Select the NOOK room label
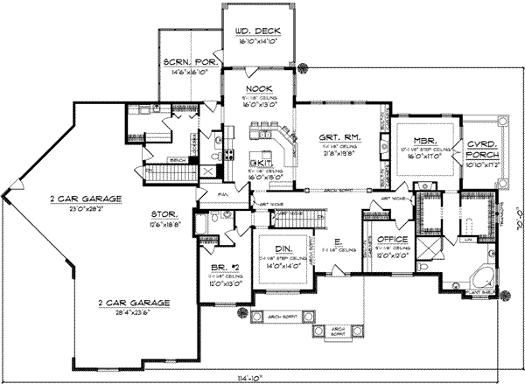tap(259, 89)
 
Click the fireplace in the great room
tap(384, 153)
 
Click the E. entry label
tap(336, 242)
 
